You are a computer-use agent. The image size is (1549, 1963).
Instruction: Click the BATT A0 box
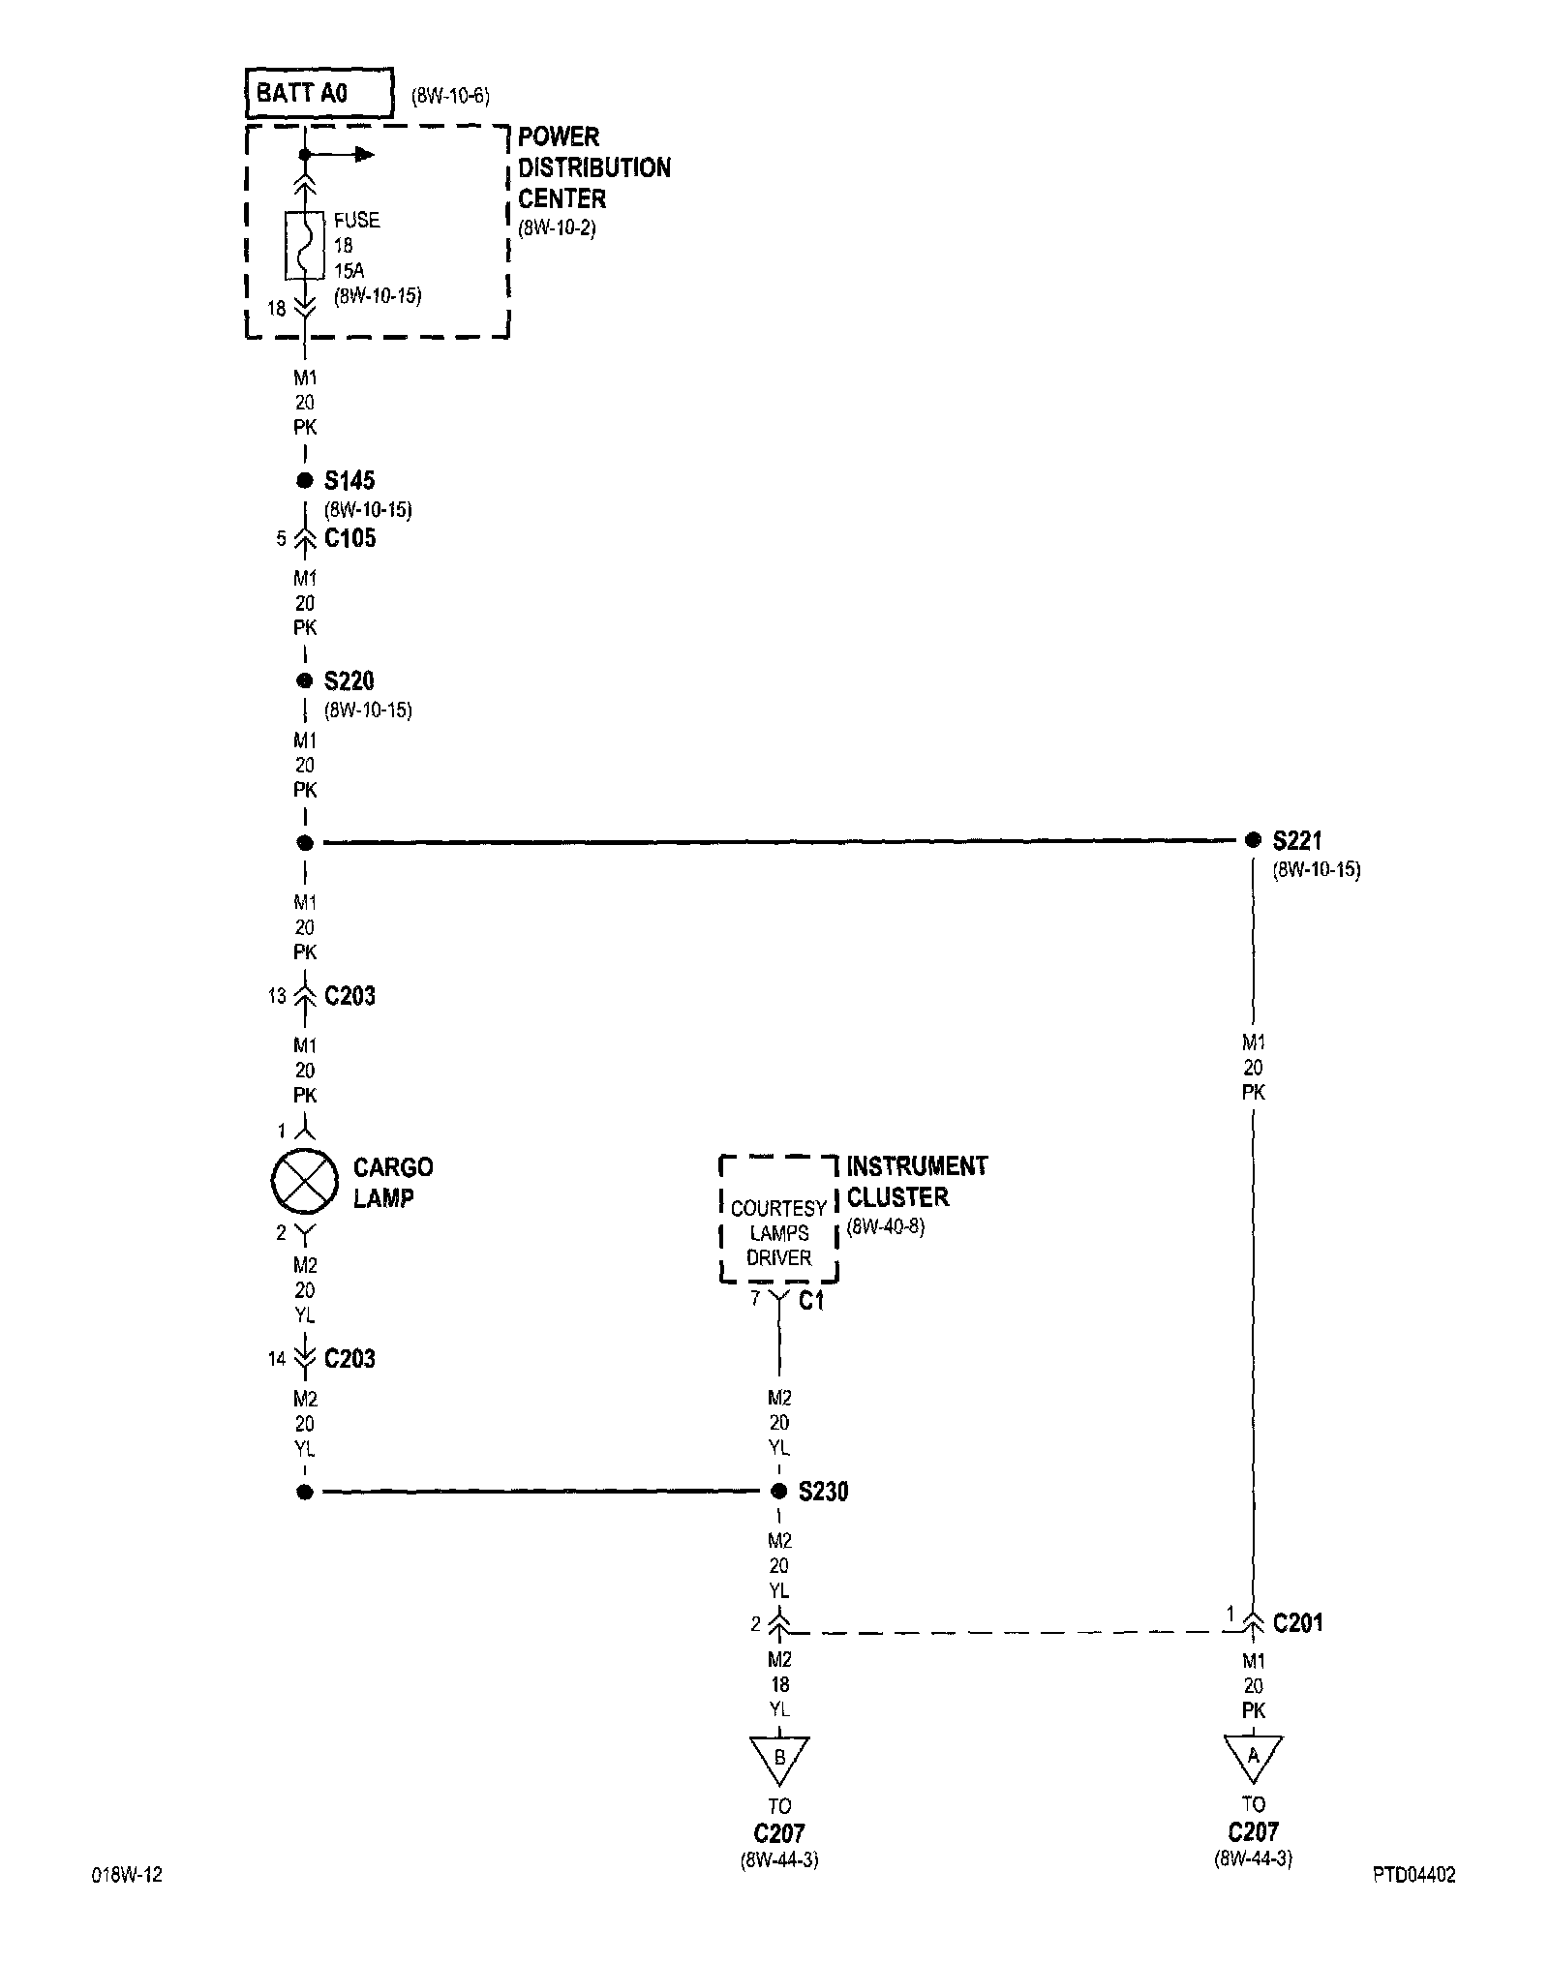pyautogui.click(x=319, y=93)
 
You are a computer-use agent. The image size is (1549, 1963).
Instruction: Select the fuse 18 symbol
pyautogui.click(x=304, y=245)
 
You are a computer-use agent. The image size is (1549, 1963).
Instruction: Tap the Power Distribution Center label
pyautogui.click(x=593, y=167)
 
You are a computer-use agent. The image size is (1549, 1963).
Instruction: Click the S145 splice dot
pyautogui.click(x=305, y=480)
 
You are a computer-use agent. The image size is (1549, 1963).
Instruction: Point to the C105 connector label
pyautogui.click(x=349, y=538)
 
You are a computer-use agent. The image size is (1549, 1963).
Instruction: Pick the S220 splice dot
pyautogui.click(x=305, y=680)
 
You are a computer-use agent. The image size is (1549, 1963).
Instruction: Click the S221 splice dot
pyautogui.click(x=1253, y=839)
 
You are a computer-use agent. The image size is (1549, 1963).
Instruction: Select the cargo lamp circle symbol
pyautogui.click(x=304, y=1182)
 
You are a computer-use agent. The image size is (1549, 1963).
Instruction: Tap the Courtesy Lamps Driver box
pyautogui.click(x=778, y=1232)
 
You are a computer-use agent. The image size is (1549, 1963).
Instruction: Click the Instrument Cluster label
pyautogui.click(x=916, y=1181)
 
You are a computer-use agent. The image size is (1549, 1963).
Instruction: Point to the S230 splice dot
pyautogui.click(x=778, y=1492)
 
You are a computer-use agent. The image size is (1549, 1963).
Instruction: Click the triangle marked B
pyautogui.click(x=779, y=1756)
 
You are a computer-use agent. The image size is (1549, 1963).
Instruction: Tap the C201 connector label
pyautogui.click(x=1297, y=1623)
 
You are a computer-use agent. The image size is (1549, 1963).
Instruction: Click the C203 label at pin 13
pyautogui.click(x=349, y=996)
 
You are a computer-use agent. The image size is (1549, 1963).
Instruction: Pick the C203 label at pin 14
pyautogui.click(x=349, y=1358)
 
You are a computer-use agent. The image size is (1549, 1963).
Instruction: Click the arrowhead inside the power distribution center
pyautogui.click(x=364, y=154)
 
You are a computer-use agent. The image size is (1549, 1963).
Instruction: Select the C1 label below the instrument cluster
pyautogui.click(x=811, y=1302)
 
